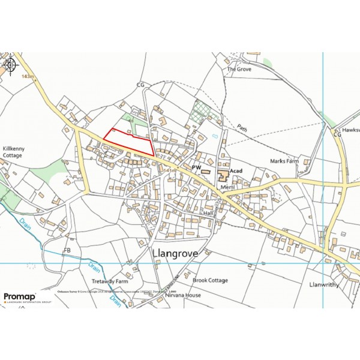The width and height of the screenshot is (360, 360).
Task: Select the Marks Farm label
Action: click(284, 161)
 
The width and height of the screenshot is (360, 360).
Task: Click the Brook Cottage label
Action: click(210, 280)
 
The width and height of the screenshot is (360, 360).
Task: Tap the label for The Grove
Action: click(239, 69)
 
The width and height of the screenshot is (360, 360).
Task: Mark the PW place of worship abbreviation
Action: click(196, 166)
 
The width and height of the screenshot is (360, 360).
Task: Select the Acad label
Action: click(236, 171)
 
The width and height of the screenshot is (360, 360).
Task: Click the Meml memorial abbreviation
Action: click(227, 187)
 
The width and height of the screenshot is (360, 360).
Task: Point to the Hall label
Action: click(208, 213)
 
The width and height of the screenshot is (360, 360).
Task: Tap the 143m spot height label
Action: click(28, 77)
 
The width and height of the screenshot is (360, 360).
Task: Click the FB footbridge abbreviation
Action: click(67, 249)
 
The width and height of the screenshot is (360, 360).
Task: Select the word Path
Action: click(241, 127)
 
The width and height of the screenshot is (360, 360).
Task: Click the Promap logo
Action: click(19, 297)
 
